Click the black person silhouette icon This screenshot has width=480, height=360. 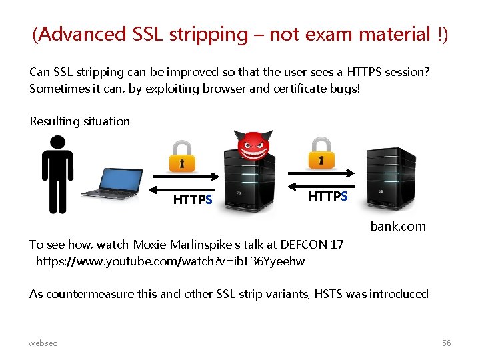pyautogui.click(x=57, y=174)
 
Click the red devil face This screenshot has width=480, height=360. pyautogui.click(x=253, y=147)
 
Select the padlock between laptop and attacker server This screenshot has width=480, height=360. pyautogui.click(x=181, y=157)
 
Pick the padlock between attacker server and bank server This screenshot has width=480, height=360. pyautogui.click(x=321, y=153)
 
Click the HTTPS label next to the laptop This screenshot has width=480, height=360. pyautogui.click(x=193, y=199)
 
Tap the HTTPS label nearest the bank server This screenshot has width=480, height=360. pyautogui.click(x=327, y=196)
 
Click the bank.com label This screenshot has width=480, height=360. pyautogui.click(x=398, y=226)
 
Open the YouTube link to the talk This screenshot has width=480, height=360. pyautogui.click(x=170, y=261)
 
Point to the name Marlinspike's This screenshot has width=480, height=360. pyautogui.click(x=219, y=245)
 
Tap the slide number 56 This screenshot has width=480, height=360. pyautogui.click(x=446, y=343)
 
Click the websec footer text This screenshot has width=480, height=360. pyautogui.click(x=43, y=343)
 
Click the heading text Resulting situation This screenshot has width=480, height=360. pyautogui.click(x=79, y=121)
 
